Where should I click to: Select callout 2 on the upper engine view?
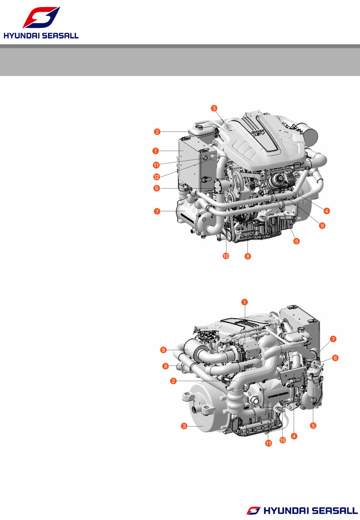pos(156,131)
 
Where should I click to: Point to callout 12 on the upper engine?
pos(156,176)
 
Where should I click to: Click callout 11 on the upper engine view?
pos(156,165)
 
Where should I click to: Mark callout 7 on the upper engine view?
pos(156,211)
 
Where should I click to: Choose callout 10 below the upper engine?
pos(226,256)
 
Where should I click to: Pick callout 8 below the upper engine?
pos(247,256)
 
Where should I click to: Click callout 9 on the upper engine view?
pos(322,226)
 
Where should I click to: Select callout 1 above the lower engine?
pos(245,302)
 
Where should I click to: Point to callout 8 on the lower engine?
pos(163,350)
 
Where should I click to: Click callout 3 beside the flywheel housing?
pos(185,425)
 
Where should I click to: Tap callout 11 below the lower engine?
pos(269,443)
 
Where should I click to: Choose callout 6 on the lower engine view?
pos(335,358)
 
